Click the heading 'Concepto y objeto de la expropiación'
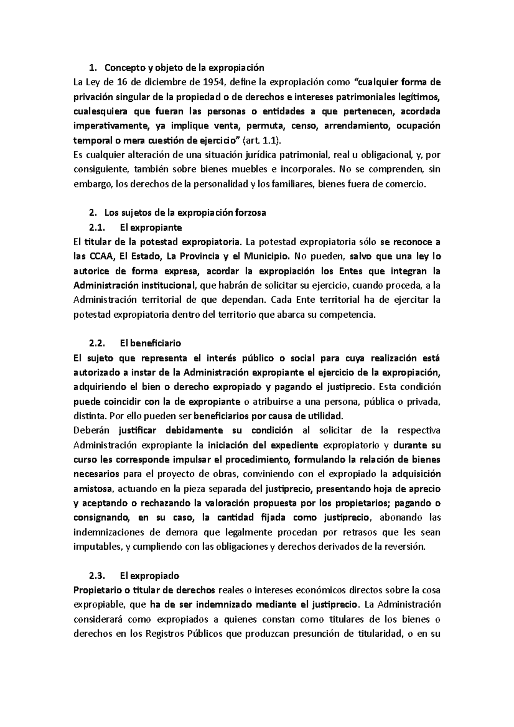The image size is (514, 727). [x=185, y=68]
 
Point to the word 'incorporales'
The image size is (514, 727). [x=306, y=170]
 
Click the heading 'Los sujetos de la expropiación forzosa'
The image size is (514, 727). [x=185, y=213]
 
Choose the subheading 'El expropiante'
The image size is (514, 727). [x=151, y=227]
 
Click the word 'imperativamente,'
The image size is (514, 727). [x=112, y=126]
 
